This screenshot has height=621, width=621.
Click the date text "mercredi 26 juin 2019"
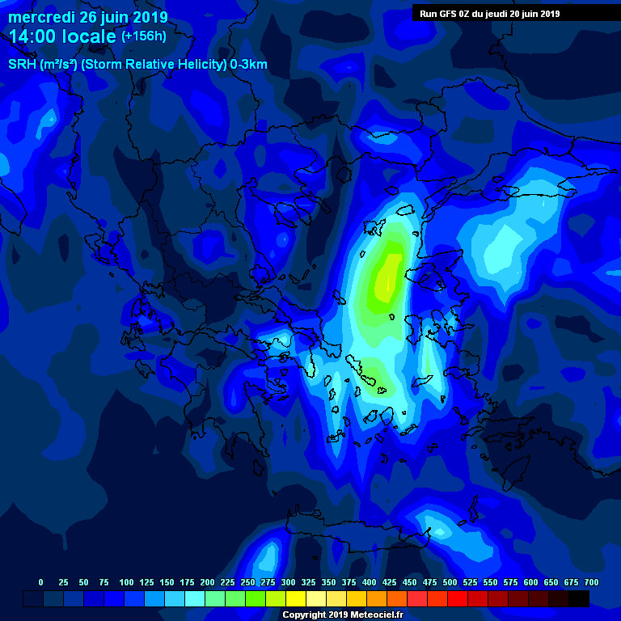tap(88, 17)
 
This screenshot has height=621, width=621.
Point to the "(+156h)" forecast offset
tap(145, 36)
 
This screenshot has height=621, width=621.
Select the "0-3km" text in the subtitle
tap(247, 65)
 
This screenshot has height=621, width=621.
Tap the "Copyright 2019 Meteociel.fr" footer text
tap(342, 615)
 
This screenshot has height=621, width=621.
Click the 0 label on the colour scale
tap(40, 582)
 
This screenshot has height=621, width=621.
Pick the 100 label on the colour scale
tap(126, 582)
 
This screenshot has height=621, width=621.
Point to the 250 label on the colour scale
tap(247, 582)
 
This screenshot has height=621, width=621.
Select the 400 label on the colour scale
tap(369, 582)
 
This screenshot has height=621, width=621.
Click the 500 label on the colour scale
tap(450, 582)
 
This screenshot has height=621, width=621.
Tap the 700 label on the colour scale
tap(591, 582)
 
